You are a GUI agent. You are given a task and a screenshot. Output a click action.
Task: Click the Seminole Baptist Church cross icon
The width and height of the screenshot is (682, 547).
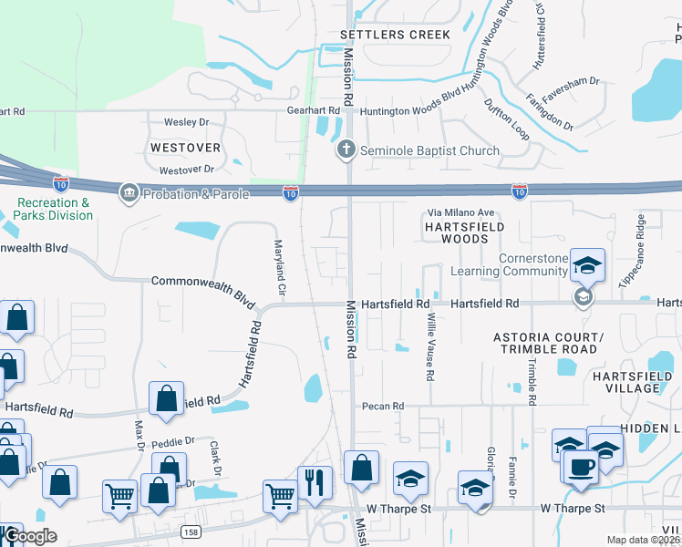pyautogui.click(x=346, y=150)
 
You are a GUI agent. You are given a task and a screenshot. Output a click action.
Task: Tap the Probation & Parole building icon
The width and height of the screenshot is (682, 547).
pyautogui.click(x=129, y=191)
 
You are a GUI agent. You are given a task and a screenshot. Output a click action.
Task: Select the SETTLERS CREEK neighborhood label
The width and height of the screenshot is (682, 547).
pyautogui.click(x=395, y=35)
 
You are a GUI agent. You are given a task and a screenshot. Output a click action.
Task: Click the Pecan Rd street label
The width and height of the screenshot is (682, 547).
pyautogui.click(x=382, y=406)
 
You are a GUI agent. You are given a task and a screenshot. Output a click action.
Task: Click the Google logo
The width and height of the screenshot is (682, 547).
pyautogui.click(x=30, y=535)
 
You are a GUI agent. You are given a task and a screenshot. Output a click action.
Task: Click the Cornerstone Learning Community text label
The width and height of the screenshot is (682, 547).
pyautogui.click(x=534, y=264)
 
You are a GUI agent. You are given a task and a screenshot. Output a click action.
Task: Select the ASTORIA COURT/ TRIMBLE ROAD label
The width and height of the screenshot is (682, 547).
pyautogui.click(x=546, y=343)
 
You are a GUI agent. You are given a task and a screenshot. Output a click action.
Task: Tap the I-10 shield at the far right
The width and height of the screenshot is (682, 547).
pyautogui.click(x=519, y=191)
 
